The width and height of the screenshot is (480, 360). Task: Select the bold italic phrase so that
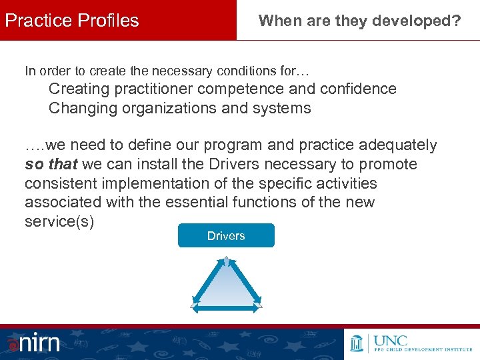pos(51,164)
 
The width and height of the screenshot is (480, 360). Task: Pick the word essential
pos(201,202)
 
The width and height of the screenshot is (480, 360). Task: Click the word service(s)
pos(59,221)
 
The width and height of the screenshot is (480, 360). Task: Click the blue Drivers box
pos(226,235)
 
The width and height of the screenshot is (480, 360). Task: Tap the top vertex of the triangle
pos(227,258)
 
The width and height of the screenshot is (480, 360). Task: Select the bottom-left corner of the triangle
pos(194,305)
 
